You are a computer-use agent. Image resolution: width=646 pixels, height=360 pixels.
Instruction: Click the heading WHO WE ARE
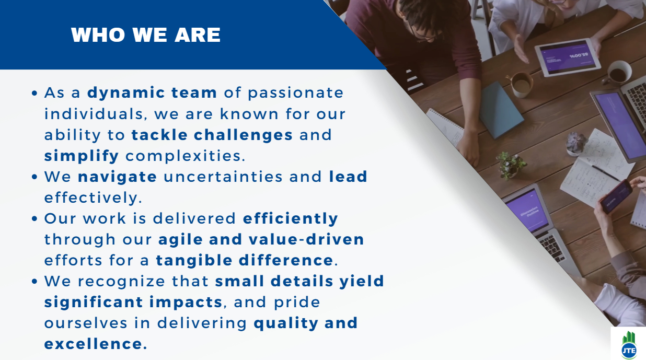(x=146, y=35)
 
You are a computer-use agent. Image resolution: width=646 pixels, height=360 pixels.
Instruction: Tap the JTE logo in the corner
(x=629, y=345)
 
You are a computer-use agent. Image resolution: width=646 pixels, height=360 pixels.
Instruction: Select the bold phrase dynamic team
(x=152, y=93)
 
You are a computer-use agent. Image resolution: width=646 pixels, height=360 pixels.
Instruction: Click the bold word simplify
(x=82, y=156)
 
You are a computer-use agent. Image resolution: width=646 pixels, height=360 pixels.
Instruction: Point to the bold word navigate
(x=117, y=177)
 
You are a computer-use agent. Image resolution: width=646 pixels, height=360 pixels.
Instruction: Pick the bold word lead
(x=348, y=177)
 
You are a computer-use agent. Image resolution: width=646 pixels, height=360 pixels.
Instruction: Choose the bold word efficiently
(x=290, y=219)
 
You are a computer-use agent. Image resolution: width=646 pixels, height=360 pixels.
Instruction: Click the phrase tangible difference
(x=245, y=260)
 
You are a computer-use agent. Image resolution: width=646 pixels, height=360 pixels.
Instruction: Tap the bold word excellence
(x=94, y=344)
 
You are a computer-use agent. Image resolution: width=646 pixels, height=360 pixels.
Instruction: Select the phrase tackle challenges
(x=212, y=135)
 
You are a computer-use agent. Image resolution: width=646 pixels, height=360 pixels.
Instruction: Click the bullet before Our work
(x=34, y=219)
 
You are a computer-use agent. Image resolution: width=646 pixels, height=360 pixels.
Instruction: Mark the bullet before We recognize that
(x=34, y=281)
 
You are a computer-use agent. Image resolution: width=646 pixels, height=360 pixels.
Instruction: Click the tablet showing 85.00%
(x=568, y=57)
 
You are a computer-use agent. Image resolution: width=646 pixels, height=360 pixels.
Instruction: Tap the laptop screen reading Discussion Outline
(x=528, y=211)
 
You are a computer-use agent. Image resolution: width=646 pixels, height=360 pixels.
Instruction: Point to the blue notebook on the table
(x=501, y=110)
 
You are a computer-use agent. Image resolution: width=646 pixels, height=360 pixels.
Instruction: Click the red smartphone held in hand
(x=616, y=196)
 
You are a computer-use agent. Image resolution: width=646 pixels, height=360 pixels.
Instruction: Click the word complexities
(x=185, y=156)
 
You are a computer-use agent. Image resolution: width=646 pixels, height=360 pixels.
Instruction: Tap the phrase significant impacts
(x=133, y=303)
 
